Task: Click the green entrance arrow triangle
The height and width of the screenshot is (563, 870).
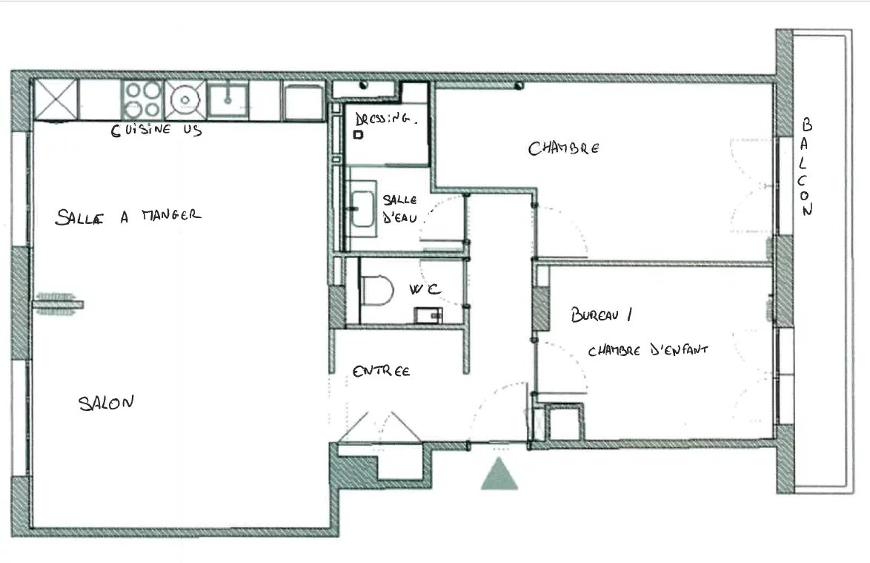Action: click(499, 475)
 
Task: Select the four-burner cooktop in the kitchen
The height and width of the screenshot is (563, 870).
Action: click(142, 99)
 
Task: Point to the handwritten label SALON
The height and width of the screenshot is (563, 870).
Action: click(106, 403)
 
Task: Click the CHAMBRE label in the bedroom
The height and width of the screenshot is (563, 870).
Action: click(564, 148)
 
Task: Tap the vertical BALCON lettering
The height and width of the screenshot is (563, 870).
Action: click(806, 166)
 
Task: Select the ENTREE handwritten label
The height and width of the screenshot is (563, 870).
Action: click(381, 370)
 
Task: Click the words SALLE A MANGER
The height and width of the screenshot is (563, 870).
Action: click(127, 216)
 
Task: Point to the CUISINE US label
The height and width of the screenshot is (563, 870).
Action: click(156, 130)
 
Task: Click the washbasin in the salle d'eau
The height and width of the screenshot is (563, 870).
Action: click(362, 208)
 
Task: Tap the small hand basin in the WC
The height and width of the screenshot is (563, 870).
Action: click(428, 315)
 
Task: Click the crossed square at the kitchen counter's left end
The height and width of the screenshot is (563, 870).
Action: click(56, 99)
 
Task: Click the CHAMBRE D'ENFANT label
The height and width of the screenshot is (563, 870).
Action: click(648, 350)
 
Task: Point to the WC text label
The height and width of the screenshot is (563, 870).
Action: click(425, 289)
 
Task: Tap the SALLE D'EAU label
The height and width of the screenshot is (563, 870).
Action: click(400, 208)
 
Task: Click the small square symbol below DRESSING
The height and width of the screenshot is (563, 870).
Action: click(359, 134)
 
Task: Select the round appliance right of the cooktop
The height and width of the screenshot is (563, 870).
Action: click(185, 99)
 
